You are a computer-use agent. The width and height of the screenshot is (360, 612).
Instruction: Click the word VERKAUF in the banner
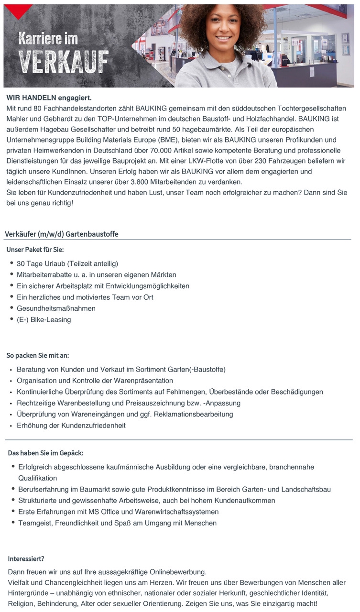pyautogui.click(x=63, y=62)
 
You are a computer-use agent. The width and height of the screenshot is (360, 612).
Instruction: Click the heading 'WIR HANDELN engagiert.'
pyautogui.click(x=49, y=98)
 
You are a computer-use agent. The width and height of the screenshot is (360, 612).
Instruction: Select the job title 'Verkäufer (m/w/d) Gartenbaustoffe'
pyautogui.click(x=62, y=234)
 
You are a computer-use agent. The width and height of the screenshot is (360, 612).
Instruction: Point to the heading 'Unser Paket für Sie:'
pyautogui.click(x=35, y=250)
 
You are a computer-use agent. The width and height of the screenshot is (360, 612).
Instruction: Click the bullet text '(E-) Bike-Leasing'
pyautogui.click(x=44, y=319)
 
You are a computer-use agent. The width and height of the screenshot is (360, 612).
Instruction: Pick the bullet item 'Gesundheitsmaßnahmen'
pyautogui.click(x=56, y=308)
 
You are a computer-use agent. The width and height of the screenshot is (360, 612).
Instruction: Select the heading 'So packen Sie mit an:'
pyautogui.click(x=38, y=355)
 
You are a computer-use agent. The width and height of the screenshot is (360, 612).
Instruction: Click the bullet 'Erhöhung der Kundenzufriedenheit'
pyautogui.click(x=71, y=425)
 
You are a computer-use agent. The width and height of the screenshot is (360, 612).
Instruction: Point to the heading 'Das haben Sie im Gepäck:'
pyautogui.click(x=45, y=452)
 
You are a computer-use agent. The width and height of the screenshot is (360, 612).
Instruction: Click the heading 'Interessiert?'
pyautogui.click(x=26, y=558)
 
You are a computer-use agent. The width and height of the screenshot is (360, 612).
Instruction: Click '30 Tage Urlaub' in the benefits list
pyautogui.click(x=41, y=263)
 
